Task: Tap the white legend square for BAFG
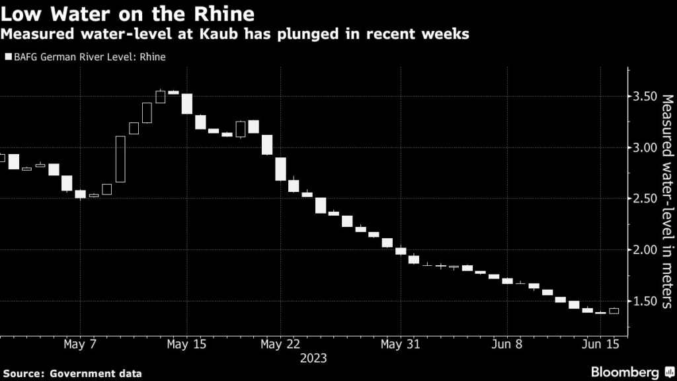coord(8,57)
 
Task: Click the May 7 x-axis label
coord(80,345)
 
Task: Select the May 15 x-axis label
coord(186,345)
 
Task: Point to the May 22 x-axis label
coord(281,345)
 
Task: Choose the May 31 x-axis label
coord(401,345)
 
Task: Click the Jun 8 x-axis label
coord(507,345)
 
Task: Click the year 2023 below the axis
coord(313,358)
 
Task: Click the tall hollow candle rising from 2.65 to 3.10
coord(120,159)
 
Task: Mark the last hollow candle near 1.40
coord(614,310)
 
